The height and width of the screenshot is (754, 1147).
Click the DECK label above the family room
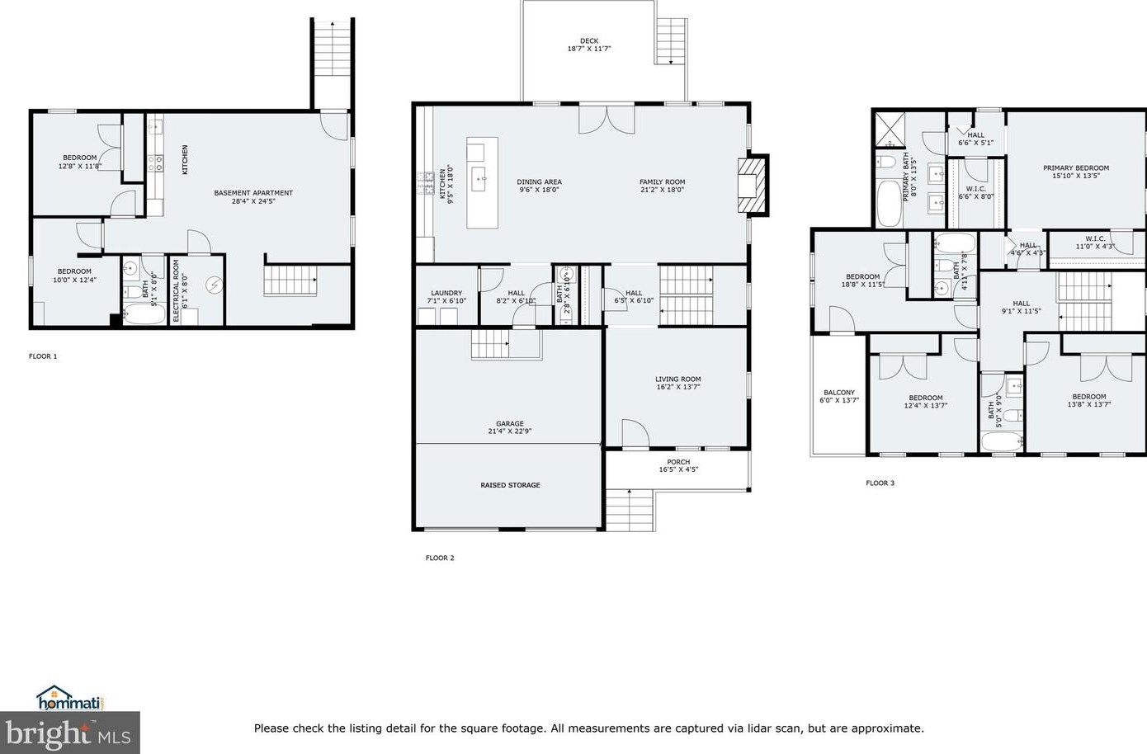[588, 40]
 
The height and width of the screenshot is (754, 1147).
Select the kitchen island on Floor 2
[482, 183]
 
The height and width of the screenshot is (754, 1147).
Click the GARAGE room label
[509, 424]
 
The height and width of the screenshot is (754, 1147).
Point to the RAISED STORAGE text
[510, 485]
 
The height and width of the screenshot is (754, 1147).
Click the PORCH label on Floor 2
[678, 462]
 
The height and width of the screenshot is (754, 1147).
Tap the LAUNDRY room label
[446, 293]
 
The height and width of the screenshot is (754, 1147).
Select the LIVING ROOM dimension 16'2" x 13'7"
[678, 387]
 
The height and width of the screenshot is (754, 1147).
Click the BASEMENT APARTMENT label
[253, 193]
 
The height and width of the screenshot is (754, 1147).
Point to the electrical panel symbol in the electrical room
[214, 285]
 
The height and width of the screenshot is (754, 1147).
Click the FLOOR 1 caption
[43, 356]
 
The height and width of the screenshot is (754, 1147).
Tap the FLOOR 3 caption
[880, 483]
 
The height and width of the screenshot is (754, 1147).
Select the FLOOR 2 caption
[440, 558]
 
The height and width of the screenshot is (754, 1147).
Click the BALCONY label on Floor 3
[839, 393]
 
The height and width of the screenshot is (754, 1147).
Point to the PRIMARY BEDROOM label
[1075, 167]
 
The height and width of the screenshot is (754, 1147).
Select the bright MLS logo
[69, 733]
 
